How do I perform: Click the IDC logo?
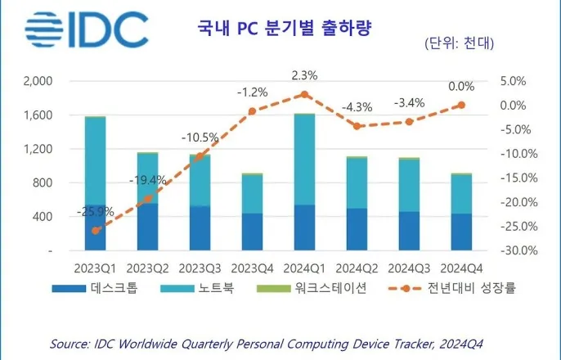[x=86, y=30]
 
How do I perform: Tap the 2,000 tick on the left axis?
[x=38, y=81]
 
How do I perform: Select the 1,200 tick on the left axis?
[x=38, y=149]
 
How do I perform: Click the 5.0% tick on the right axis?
[x=517, y=81]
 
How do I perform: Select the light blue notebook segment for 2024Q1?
[x=304, y=160]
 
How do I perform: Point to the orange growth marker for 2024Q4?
[x=461, y=105]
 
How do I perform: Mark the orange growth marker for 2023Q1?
[x=96, y=231]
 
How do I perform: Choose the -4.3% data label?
[x=357, y=106]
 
